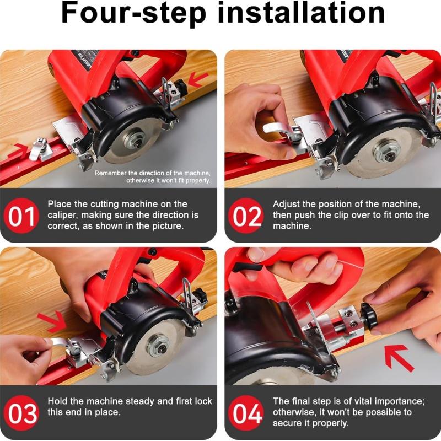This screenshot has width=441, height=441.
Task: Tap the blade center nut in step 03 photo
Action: point(158,345)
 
